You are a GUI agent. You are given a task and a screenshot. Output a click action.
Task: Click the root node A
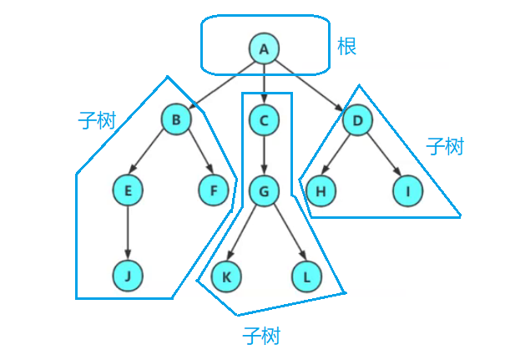pyautogui.click(x=264, y=48)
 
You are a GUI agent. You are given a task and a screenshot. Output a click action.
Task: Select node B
pyautogui.click(x=176, y=119)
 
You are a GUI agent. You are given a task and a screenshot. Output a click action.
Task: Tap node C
pyautogui.click(x=264, y=119)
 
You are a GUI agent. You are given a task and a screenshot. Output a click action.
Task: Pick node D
pyautogui.click(x=357, y=119)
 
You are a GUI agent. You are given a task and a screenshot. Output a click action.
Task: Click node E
pyautogui.click(x=128, y=190)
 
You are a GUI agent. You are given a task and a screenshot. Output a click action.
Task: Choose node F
pyautogui.click(x=214, y=190)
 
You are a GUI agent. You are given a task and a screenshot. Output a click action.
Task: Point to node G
pyautogui.click(x=264, y=190)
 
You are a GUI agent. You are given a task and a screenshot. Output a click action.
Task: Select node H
pyautogui.click(x=319, y=190)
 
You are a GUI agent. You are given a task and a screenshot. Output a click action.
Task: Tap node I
pyautogui.click(x=408, y=190)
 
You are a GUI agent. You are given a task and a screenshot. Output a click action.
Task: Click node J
pyautogui.click(x=128, y=276)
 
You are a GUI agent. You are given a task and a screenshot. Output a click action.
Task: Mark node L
pyautogui.click(x=306, y=276)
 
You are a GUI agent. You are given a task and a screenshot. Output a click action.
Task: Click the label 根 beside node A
pyautogui.click(x=346, y=47)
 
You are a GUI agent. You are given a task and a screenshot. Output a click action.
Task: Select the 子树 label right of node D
pyautogui.click(x=444, y=147)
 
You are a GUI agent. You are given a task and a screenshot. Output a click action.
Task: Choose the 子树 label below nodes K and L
pyautogui.click(x=261, y=337)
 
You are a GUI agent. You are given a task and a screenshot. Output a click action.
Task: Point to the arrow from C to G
pyautogui.click(x=264, y=155)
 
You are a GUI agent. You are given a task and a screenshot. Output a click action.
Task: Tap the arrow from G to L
pyautogui.click(x=285, y=234)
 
